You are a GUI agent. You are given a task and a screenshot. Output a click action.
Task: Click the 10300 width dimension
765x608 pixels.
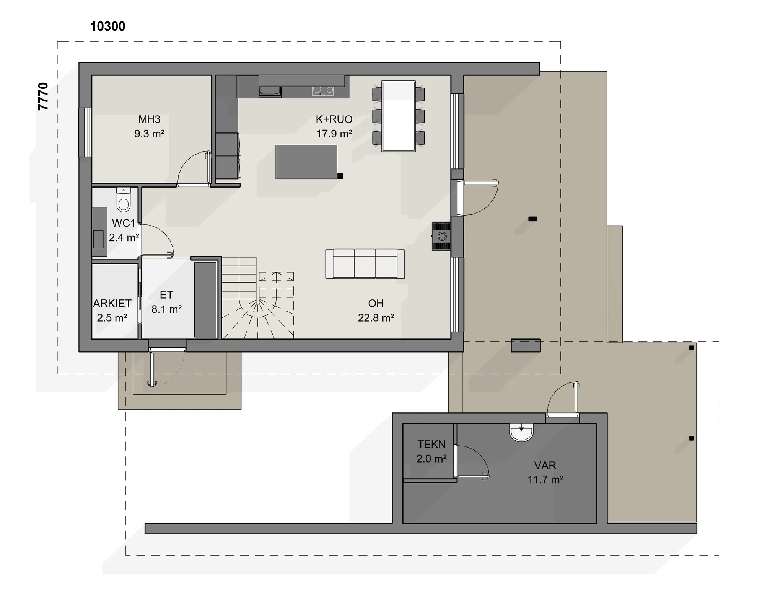pyautogui.click(x=107, y=26)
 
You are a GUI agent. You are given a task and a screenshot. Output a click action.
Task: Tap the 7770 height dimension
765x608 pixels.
pyautogui.click(x=43, y=96)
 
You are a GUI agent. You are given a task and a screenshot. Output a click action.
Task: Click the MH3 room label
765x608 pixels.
pyautogui.click(x=149, y=119)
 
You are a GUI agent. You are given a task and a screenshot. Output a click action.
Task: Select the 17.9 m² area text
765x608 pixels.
pyautogui.click(x=334, y=134)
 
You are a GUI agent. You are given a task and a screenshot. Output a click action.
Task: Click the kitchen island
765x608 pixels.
pyautogui.click(x=306, y=162)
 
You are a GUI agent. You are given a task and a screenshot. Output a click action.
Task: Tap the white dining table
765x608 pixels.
pyautogui.click(x=399, y=116)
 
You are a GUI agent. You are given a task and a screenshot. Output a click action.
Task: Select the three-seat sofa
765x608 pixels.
pyautogui.click(x=365, y=264)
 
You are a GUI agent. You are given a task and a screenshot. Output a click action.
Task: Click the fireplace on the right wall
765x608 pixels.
pyautogui.click(x=441, y=236)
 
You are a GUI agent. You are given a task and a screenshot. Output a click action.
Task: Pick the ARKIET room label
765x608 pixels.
pyautogui.click(x=112, y=304)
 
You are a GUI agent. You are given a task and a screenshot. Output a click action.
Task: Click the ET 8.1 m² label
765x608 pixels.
pyautogui.click(x=166, y=302)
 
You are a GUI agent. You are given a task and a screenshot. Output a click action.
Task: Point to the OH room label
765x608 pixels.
pyautogui.click(x=376, y=304)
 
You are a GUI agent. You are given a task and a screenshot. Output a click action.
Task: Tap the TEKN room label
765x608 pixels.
pyautogui.click(x=431, y=445)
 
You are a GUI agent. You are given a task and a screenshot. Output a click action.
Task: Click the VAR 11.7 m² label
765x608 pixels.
pyautogui.click(x=545, y=472)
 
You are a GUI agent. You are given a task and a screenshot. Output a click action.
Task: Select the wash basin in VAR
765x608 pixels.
pyautogui.click(x=521, y=433)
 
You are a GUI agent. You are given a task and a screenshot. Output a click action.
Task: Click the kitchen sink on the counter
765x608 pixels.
pyautogui.click(x=270, y=91)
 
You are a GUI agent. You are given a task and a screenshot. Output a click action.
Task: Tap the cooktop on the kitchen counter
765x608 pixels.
pyautogui.click(x=323, y=91)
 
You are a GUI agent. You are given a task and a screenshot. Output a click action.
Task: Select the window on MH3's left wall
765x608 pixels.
pyautogui.click(x=85, y=132)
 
